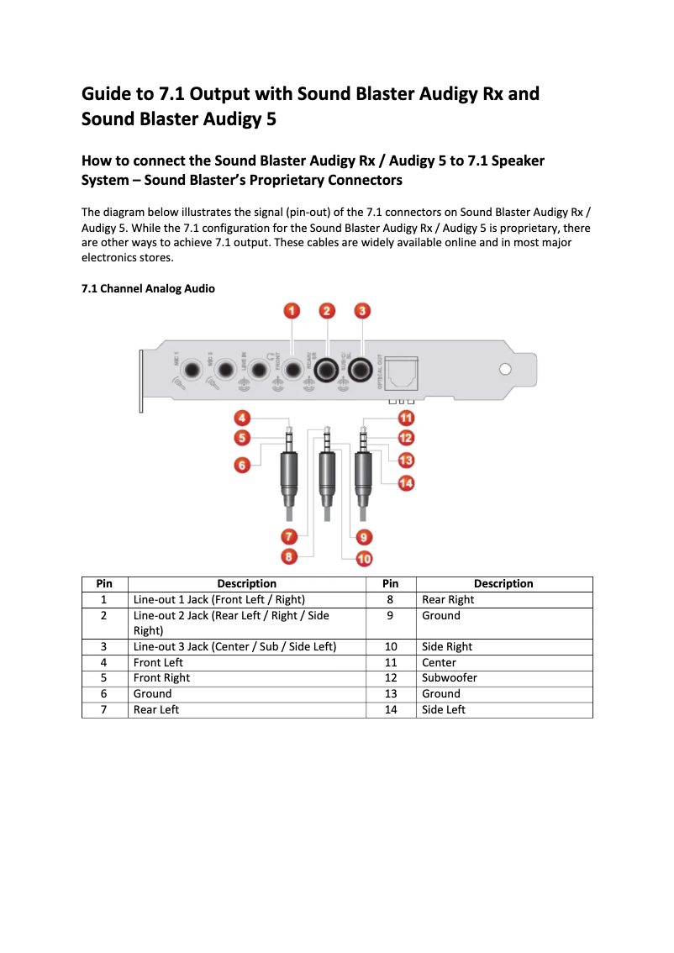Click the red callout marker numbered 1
point(292,311)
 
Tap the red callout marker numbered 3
point(361,311)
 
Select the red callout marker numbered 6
point(242,465)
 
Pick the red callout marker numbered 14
point(406,482)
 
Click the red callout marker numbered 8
point(288,555)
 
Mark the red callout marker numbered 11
point(406,418)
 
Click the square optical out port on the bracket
point(401,370)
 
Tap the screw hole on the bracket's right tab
point(505,369)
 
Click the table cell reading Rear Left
point(156,710)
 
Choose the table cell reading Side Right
point(447,647)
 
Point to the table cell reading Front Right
point(161,678)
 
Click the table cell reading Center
point(439,663)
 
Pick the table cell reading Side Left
point(443,710)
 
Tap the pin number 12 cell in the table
point(391,678)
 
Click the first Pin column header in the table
point(104,584)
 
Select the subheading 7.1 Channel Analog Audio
point(148,289)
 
